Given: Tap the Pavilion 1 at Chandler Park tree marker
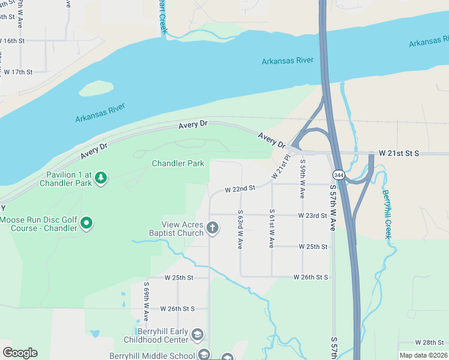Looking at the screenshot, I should [101, 177].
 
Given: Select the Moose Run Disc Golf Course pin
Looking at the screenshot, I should [86, 224].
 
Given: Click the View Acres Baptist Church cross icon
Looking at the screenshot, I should [212, 227].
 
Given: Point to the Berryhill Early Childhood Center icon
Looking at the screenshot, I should [197, 334].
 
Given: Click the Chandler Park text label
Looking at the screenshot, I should [178, 163].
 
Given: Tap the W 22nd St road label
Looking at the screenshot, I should [240, 188].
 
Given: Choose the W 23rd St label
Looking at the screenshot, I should [312, 215].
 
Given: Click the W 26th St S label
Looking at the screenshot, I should [311, 277].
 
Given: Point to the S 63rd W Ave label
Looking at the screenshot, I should [240, 229].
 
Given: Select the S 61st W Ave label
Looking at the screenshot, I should [272, 229].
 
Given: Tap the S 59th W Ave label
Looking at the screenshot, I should [303, 179].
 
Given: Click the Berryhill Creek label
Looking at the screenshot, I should [388, 214].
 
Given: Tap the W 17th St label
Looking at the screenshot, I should [17, 71].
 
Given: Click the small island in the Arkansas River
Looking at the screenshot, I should [96, 88].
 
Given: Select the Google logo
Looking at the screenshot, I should [20, 353].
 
